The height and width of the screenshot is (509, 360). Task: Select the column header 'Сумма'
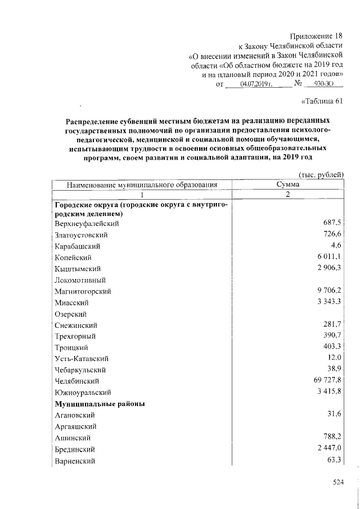(x=287, y=184)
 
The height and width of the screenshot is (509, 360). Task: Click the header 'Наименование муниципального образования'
(x=142, y=184)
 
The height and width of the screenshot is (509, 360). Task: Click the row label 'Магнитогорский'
(x=83, y=291)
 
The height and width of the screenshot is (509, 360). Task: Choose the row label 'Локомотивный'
(x=81, y=280)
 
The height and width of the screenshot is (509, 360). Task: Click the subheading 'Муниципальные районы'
(x=100, y=404)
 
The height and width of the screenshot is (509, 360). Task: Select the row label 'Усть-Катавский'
(x=82, y=359)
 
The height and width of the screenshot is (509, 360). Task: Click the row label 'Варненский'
(x=75, y=461)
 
